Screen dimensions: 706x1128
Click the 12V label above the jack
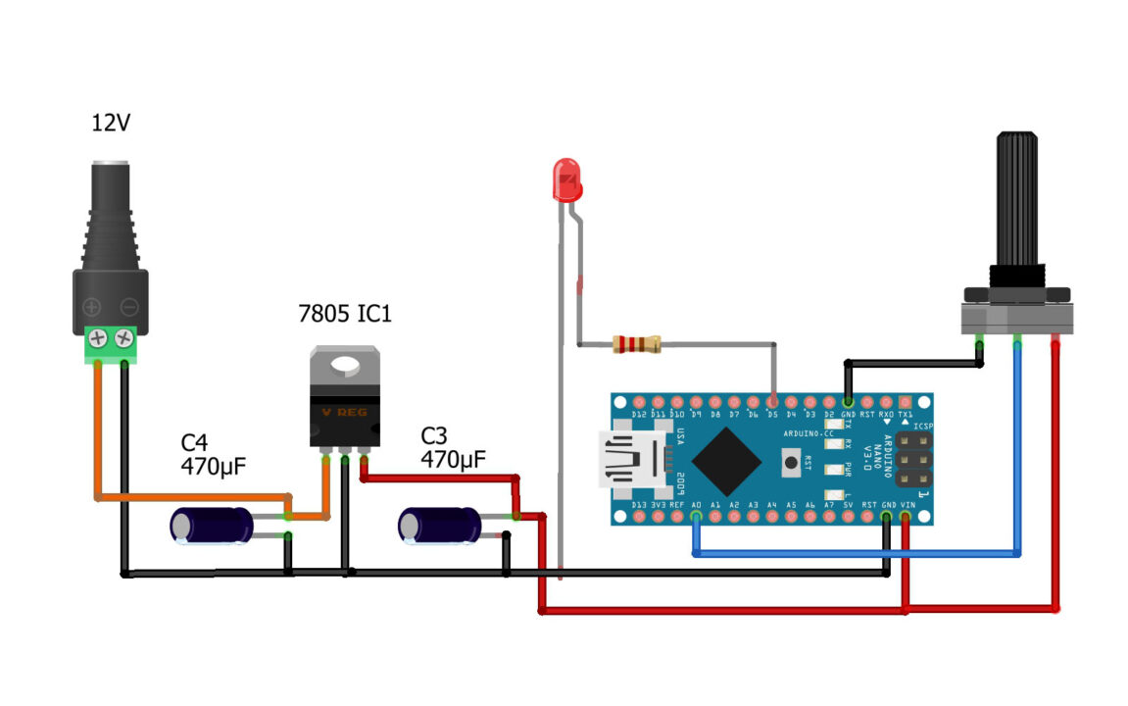(111, 124)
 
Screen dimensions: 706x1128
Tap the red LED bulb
(566, 179)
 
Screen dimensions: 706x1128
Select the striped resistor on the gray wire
(636, 344)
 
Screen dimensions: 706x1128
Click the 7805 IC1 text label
(344, 316)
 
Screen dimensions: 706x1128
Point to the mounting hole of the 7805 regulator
(345, 366)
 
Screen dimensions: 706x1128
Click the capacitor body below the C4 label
(213, 526)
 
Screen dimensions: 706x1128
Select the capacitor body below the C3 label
(440, 526)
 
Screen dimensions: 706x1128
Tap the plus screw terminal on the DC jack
(98, 338)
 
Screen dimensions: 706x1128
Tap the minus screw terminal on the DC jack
(124, 338)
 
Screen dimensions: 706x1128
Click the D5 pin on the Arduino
(772, 402)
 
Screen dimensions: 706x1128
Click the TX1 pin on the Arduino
(905, 402)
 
